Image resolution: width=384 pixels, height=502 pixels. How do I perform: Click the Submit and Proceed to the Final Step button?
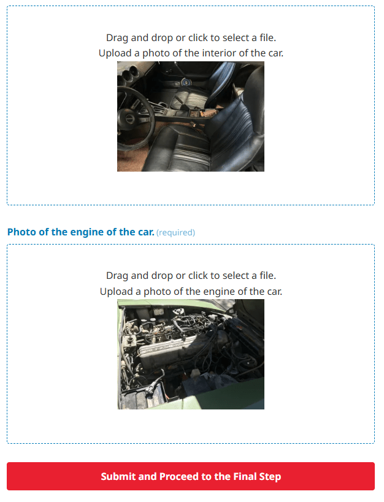(x=191, y=476)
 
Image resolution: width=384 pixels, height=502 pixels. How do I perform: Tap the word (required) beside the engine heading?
(x=175, y=232)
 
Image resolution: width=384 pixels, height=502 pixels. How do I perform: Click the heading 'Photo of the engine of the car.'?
(x=81, y=232)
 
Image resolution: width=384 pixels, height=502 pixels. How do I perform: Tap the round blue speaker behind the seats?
(x=185, y=82)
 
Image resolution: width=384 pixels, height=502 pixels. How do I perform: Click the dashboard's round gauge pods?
(x=129, y=74)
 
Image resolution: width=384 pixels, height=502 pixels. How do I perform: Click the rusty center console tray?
(x=202, y=113)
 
